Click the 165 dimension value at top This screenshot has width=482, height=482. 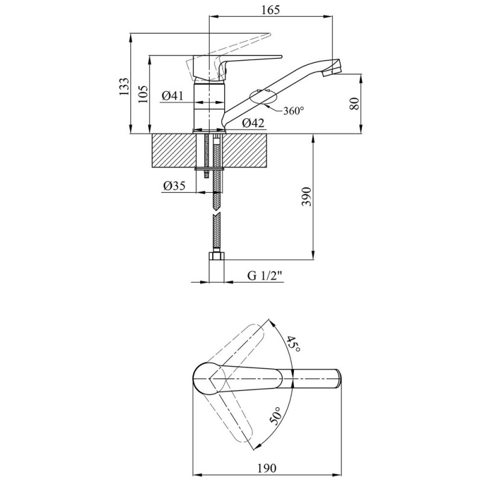(271, 10)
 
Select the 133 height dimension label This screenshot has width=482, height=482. (124, 86)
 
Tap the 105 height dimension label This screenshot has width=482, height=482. (143, 94)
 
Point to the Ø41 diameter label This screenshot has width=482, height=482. (172, 96)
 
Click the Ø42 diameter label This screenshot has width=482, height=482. (253, 123)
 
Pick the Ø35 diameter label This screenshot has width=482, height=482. (174, 186)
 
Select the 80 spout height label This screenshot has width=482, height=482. (354, 104)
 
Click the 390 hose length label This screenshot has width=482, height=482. (307, 197)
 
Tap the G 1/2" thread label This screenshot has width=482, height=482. (265, 276)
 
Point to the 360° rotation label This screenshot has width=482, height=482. (293, 111)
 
